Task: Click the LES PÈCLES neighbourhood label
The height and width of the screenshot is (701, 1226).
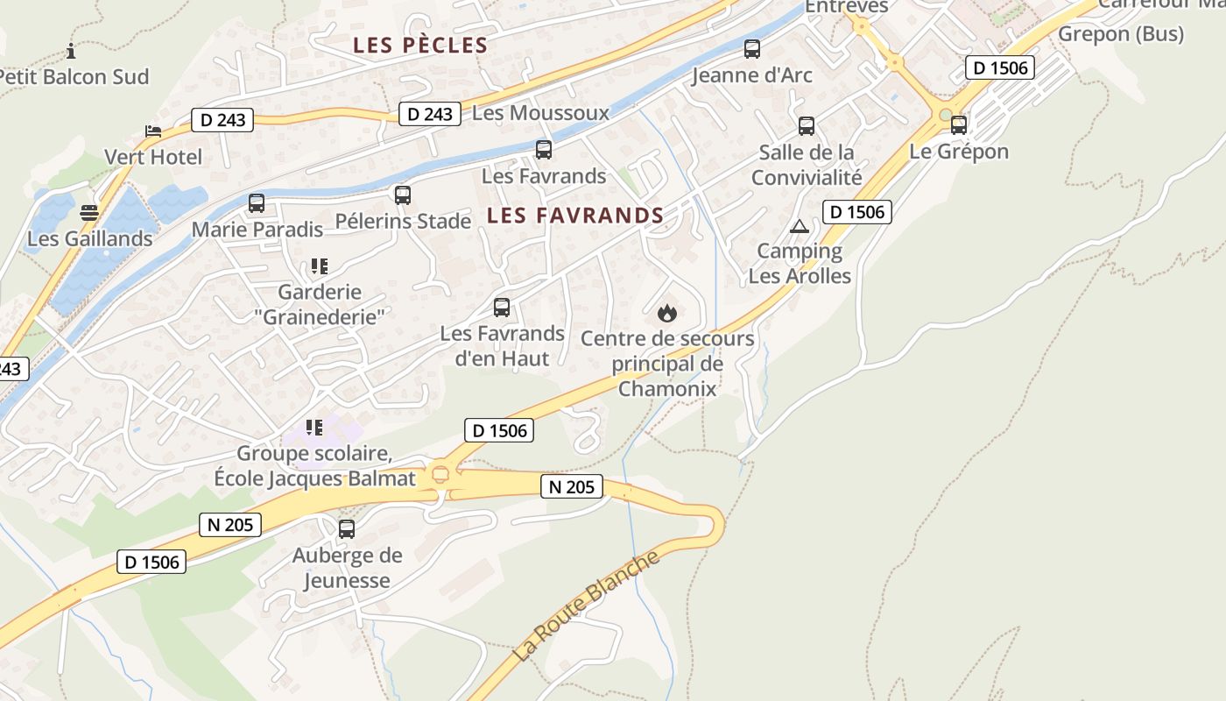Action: point(419,46)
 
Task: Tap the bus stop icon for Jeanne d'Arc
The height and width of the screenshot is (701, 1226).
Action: point(751,49)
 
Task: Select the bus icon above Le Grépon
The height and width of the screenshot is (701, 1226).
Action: point(959,125)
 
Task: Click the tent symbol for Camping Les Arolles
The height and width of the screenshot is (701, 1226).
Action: point(799,227)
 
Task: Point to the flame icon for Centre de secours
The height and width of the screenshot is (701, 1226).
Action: point(666,313)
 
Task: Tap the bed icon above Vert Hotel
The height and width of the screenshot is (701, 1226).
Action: point(153,131)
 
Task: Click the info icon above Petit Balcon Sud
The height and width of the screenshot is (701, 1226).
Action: point(71,50)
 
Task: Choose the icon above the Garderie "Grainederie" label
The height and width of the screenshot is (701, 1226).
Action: point(319,266)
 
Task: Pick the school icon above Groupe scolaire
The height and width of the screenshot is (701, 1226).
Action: point(314,428)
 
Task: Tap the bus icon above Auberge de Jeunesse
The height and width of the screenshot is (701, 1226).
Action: point(347,529)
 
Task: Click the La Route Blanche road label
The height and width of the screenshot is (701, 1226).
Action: point(586,606)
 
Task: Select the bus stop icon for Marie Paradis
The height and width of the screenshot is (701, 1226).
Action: point(257,203)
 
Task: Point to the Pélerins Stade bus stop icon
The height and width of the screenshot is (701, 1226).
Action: point(402,195)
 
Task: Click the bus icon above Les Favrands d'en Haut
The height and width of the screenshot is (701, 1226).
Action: point(502,308)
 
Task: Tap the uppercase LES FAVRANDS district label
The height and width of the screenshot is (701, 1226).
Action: point(575,216)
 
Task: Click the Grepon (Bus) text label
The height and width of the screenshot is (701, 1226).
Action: point(1121,34)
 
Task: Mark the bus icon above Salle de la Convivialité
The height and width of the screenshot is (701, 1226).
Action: point(807,126)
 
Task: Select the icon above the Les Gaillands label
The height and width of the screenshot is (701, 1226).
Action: point(89,212)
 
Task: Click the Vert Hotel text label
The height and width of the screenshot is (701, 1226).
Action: point(153,158)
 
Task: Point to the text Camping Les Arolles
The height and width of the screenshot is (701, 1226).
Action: point(800,264)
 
